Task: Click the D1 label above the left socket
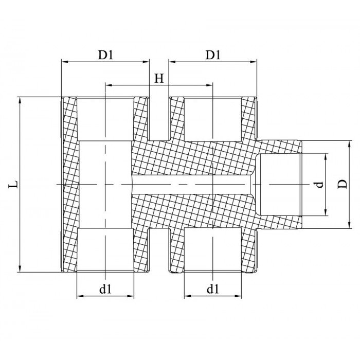coord(105,54)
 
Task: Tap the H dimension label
coord(159,78)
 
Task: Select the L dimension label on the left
coord(14,184)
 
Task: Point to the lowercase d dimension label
coord(319,184)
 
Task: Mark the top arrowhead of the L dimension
coord(21,100)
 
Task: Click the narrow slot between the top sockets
coord(159,118)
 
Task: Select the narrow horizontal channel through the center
coord(190,184)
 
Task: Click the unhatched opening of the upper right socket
coord(212,118)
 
